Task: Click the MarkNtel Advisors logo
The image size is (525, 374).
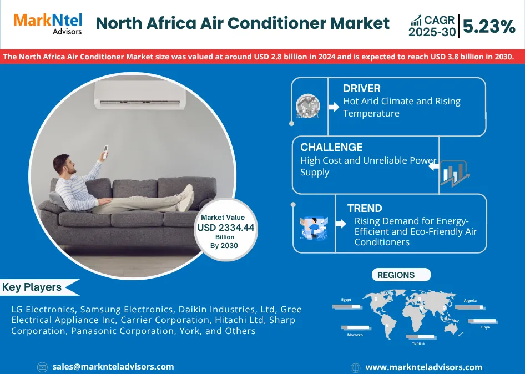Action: pyautogui.click(x=48, y=24)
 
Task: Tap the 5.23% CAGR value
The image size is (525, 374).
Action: pyautogui.click(x=489, y=27)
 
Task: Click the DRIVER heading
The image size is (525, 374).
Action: pyautogui.click(x=362, y=88)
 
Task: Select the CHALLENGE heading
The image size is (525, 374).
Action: pyautogui.click(x=331, y=147)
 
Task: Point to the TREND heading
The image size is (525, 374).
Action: pyautogui.click(x=365, y=208)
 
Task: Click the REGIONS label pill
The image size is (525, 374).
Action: pyautogui.click(x=401, y=275)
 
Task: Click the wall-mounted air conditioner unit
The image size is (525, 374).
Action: pyautogui.click(x=140, y=94)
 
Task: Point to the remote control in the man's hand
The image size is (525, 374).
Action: pyautogui.click(x=105, y=151)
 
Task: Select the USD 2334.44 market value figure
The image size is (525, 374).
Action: pyautogui.click(x=226, y=228)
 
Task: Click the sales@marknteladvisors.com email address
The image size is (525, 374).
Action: pyautogui.click(x=113, y=367)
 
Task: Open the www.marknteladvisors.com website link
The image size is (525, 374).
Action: pyautogui.click(x=424, y=368)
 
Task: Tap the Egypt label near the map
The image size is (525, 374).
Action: pyautogui.click(x=346, y=300)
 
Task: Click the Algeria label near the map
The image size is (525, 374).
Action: pyautogui.click(x=470, y=300)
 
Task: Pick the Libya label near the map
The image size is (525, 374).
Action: pyautogui.click(x=485, y=327)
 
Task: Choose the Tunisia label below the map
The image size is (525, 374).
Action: pyautogui.click(x=418, y=343)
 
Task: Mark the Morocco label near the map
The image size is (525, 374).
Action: pyautogui.click(x=355, y=335)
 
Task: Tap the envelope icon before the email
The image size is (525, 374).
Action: pyautogui.click(x=42, y=367)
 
